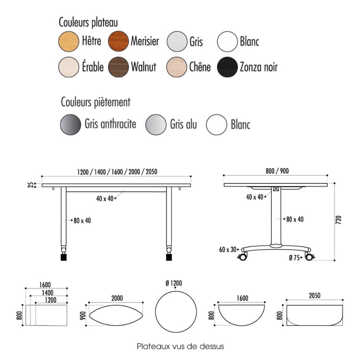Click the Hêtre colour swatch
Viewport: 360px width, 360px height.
point(69,41)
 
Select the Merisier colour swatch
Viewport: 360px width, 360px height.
point(118,41)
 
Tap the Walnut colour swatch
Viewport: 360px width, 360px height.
point(118,67)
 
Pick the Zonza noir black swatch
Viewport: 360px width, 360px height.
point(227,67)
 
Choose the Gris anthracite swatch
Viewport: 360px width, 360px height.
point(70,125)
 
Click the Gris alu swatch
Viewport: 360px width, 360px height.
point(156,125)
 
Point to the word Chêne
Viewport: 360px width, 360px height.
point(200,67)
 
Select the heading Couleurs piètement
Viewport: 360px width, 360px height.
point(96,102)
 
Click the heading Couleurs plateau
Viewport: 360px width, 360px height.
point(88,22)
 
